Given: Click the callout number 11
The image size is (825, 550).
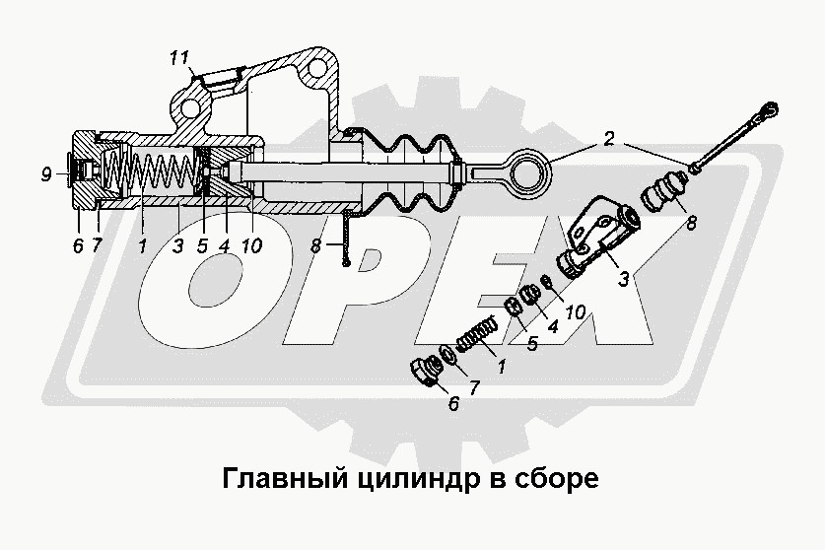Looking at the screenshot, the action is coord(179,58).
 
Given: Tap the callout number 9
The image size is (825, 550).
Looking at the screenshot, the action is coord(47,173).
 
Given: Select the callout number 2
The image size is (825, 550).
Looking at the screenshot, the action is coord(608,138).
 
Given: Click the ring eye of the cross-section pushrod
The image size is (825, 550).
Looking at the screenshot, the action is coord(530,170).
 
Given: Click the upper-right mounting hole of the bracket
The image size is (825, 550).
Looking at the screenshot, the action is coord(316,68).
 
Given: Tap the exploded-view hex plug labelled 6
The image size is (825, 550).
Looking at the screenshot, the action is coord(426,372).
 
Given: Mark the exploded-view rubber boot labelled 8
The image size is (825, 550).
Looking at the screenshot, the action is coord(664,192).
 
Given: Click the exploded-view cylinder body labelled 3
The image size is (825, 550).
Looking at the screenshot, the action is coord(599,236).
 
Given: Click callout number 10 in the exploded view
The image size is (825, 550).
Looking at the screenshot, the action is coord(575,311).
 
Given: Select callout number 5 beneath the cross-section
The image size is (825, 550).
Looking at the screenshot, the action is coord(203,245).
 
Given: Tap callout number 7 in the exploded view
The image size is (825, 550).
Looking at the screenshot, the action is coord(474,388).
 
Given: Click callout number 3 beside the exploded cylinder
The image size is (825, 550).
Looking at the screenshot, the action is coord(624,278).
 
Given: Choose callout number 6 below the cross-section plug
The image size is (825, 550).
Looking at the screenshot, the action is coord(78,245).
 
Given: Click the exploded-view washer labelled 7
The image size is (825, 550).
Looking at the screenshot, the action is coord(448,353).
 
